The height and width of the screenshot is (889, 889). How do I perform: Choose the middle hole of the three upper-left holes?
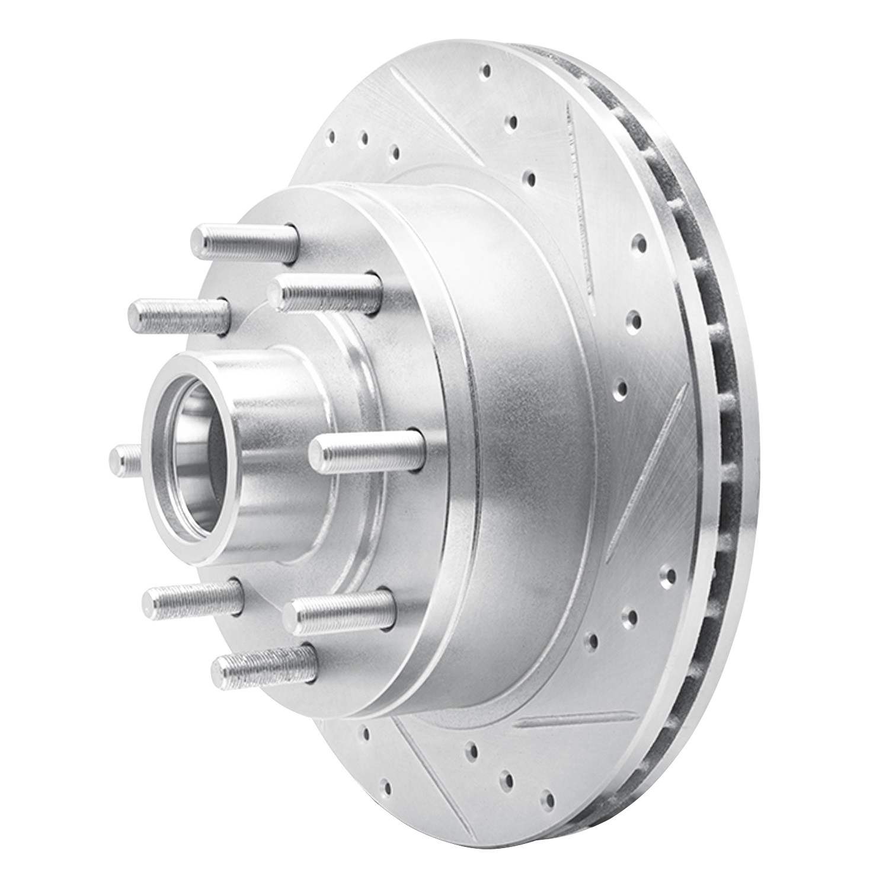click(x=364, y=138)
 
